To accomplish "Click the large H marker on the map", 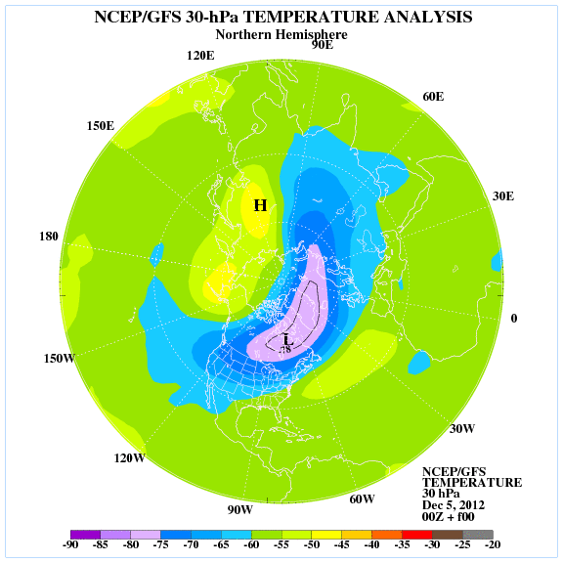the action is pyautogui.click(x=260, y=205).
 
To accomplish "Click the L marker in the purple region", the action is pyautogui.click(x=288, y=340).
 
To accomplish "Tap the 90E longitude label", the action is pyautogui.click(x=323, y=45).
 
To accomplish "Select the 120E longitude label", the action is pyautogui.click(x=200, y=56).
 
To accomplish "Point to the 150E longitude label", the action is pyautogui.click(x=101, y=126).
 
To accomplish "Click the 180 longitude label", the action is pyautogui.click(x=49, y=237).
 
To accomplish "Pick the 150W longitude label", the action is pyautogui.click(x=60, y=359).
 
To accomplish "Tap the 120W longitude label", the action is pyautogui.click(x=130, y=458).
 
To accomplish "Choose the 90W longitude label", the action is pyautogui.click(x=239, y=509).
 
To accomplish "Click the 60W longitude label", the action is pyautogui.click(x=362, y=498).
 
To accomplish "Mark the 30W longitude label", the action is pyautogui.click(x=462, y=428).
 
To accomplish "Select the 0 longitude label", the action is pyautogui.click(x=514, y=319).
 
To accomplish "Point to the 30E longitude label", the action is pyautogui.click(x=503, y=196).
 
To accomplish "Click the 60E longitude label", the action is pyautogui.click(x=433, y=97).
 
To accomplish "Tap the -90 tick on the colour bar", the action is pyautogui.click(x=70, y=544).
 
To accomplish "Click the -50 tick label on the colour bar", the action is pyautogui.click(x=311, y=544).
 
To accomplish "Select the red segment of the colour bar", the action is pyautogui.click(x=416, y=535).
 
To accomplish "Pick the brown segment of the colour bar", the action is pyautogui.click(x=447, y=535).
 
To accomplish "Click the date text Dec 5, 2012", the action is pyautogui.click(x=454, y=505).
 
